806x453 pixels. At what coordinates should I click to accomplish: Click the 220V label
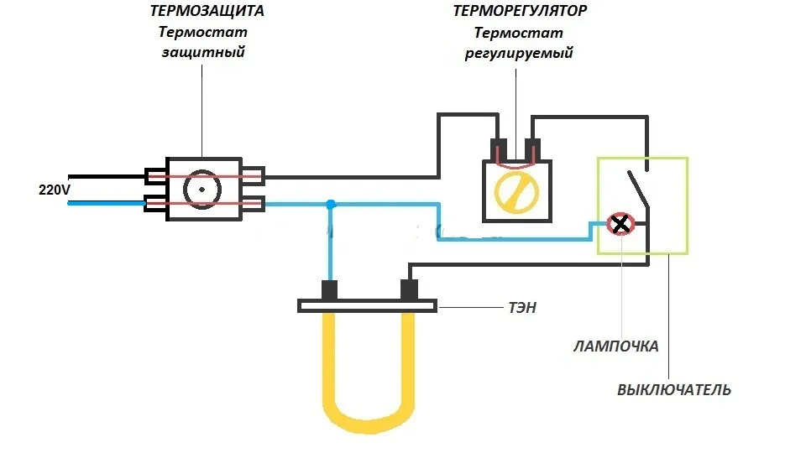(54, 190)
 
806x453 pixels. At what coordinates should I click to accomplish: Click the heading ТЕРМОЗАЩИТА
(207, 11)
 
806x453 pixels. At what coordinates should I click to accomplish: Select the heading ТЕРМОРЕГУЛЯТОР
(519, 11)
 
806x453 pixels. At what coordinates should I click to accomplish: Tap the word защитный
(203, 52)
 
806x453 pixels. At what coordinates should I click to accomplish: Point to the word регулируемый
(519, 54)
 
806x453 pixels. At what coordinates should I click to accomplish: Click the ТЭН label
(522, 308)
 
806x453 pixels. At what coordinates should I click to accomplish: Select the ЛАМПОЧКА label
(615, 346)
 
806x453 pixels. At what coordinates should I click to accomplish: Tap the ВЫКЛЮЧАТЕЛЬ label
(674, 390)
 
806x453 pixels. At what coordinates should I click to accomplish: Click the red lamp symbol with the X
(620, 224)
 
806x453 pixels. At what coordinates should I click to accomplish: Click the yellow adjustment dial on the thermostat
(516, 192)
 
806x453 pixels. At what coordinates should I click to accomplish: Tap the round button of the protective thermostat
(202, 190)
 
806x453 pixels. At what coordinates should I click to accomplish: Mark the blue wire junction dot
(331, 205)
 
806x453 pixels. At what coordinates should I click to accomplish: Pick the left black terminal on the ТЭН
(329, 290)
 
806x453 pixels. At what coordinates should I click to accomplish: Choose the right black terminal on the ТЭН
(409, 290)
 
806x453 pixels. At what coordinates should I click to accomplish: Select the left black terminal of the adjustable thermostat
(499, 149)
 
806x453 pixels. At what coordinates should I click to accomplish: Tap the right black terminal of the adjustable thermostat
(532, 149)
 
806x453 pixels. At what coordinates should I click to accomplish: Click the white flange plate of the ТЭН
(368, 306)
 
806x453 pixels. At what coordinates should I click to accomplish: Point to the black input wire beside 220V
(107, 177)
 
